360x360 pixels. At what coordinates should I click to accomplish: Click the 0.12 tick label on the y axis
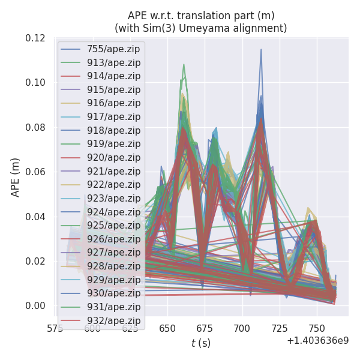click(35, 38)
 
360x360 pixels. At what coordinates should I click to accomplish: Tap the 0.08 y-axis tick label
click(35, 128)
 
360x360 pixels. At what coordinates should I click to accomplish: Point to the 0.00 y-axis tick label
click(35, 306)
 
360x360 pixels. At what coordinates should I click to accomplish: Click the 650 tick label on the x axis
click(167, 328)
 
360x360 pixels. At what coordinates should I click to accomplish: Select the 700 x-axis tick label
click(242, 328)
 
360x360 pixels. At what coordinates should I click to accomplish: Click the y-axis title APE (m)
click(16, 177)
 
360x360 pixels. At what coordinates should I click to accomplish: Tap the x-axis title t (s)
click(201, 343)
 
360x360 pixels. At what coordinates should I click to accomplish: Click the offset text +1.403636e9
click(318, 341)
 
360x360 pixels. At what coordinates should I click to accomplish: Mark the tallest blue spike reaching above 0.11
click(261, 50)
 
